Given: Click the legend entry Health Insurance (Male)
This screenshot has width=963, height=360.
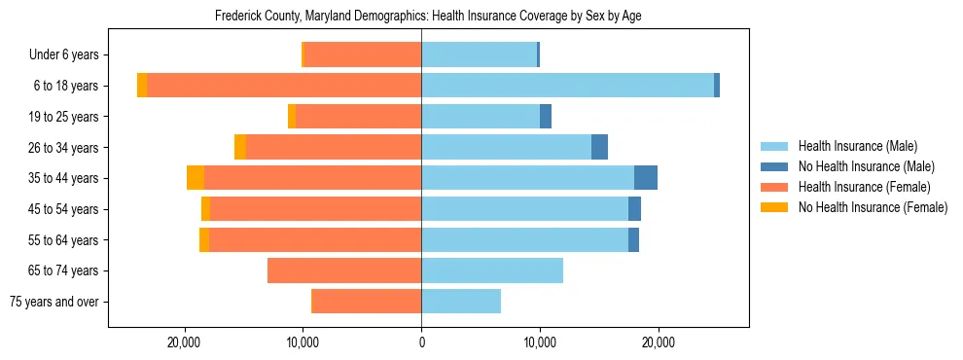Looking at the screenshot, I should (857, 146).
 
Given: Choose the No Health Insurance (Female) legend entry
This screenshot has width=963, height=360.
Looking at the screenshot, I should (873, 207).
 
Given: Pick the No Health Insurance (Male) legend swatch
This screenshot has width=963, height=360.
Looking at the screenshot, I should (774, 166).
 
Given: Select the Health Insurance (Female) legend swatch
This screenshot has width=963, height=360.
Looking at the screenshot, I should (774, 187).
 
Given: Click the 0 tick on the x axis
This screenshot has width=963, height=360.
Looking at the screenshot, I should (421, 342).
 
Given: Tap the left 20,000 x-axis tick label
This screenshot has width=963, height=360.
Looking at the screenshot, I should (184, 342).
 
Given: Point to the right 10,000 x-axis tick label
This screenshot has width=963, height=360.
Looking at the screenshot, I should (540, 342).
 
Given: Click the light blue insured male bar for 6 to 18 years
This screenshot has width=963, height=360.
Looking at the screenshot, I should (567, 86).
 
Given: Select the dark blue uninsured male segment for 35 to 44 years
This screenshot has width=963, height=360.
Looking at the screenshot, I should (646, 178).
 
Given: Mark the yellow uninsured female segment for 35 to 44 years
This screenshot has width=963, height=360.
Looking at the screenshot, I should (196, 178).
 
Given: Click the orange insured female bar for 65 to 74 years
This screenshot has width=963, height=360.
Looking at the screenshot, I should (344, 270).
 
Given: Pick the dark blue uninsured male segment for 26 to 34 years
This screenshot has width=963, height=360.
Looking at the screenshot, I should (599, 147).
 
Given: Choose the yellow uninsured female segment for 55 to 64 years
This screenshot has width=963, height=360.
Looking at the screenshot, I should (204, 239).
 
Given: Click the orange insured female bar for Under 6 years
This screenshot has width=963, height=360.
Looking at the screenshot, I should (363, 54).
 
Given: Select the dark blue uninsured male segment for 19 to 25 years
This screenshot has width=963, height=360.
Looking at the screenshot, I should (546, 116).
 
